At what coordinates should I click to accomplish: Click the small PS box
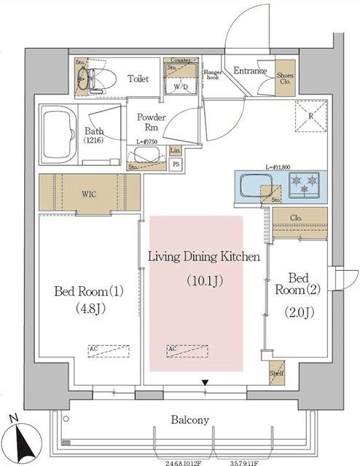click(175, 164)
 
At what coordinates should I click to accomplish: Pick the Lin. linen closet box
click(175, 151)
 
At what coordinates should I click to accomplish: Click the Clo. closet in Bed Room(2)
click(296, 217)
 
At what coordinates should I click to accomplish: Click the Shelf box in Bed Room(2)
click(278, 371)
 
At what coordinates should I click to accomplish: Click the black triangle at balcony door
click(206, 382)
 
